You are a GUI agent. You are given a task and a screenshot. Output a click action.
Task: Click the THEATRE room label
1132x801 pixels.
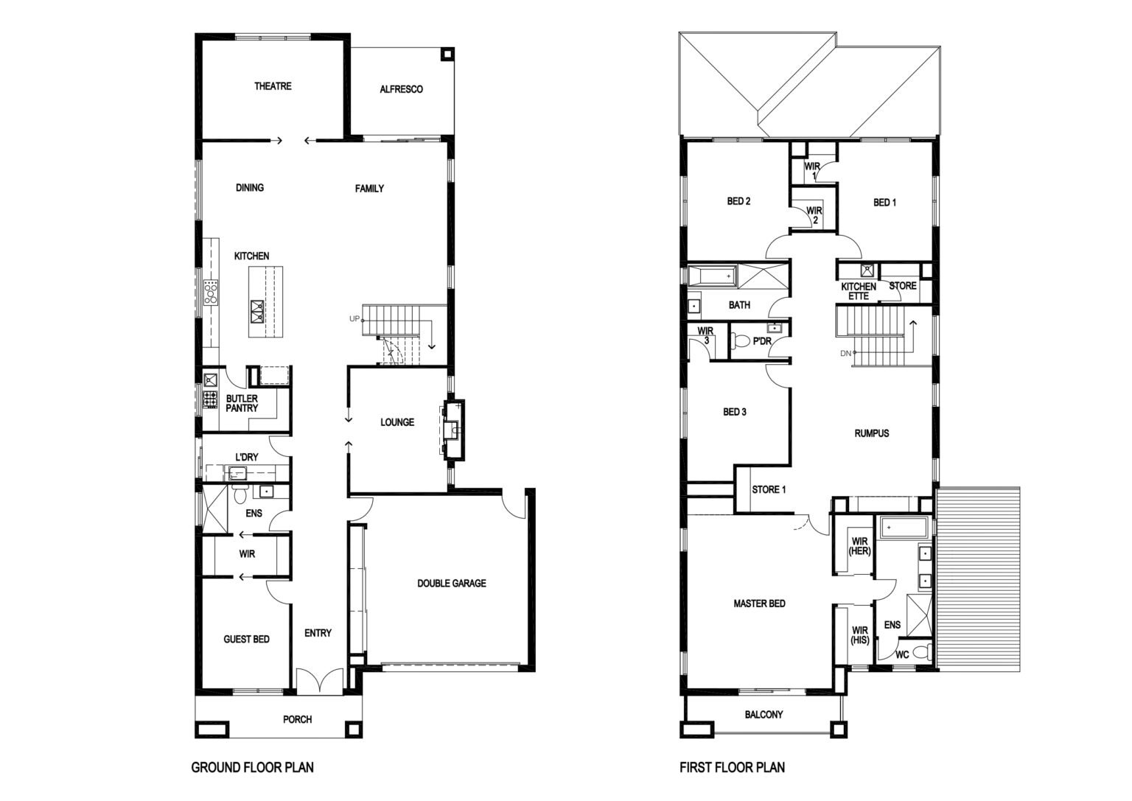tap(273, 86)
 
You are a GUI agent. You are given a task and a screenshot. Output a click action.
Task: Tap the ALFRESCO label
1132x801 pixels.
tap(401, 89)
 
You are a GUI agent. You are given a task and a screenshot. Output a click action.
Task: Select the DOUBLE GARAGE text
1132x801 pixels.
tap(452, 583)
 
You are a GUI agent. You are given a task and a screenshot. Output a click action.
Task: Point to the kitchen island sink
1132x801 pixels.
tap(257, 311)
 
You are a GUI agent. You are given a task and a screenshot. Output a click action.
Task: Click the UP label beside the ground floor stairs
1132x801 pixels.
tap(354, 318)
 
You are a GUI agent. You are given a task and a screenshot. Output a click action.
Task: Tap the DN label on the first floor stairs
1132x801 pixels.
tap(845, 353)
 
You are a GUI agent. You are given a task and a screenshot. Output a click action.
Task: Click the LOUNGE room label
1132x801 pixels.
tap(397, 422)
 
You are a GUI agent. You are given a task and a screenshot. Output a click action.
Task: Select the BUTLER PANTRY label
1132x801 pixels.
tap(242, 403)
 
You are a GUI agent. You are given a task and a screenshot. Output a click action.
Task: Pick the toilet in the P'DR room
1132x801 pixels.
tap(741, 341)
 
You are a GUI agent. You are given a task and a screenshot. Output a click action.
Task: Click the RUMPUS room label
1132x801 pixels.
tap(872, 433)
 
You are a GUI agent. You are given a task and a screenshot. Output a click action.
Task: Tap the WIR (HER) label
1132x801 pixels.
tap(859, 546)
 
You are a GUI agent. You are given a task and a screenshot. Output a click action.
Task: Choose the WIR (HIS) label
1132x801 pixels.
tap(859, 635)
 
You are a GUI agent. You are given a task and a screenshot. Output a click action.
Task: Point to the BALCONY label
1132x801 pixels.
tap(764, 715)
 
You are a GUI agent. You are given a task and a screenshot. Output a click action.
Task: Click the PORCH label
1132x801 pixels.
tap(297, 719)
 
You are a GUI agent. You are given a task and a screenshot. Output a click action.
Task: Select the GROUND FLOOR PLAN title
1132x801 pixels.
tap(252, 767)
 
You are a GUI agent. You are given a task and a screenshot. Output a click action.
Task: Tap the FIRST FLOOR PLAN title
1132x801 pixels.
tap(733, 767)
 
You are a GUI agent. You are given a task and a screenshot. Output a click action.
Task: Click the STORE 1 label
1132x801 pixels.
tap(769, 489)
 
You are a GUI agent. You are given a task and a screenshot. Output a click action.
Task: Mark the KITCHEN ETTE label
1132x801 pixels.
tap(859, 291)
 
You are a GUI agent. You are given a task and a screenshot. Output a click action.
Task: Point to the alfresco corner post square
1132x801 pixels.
tap(447, 54)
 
